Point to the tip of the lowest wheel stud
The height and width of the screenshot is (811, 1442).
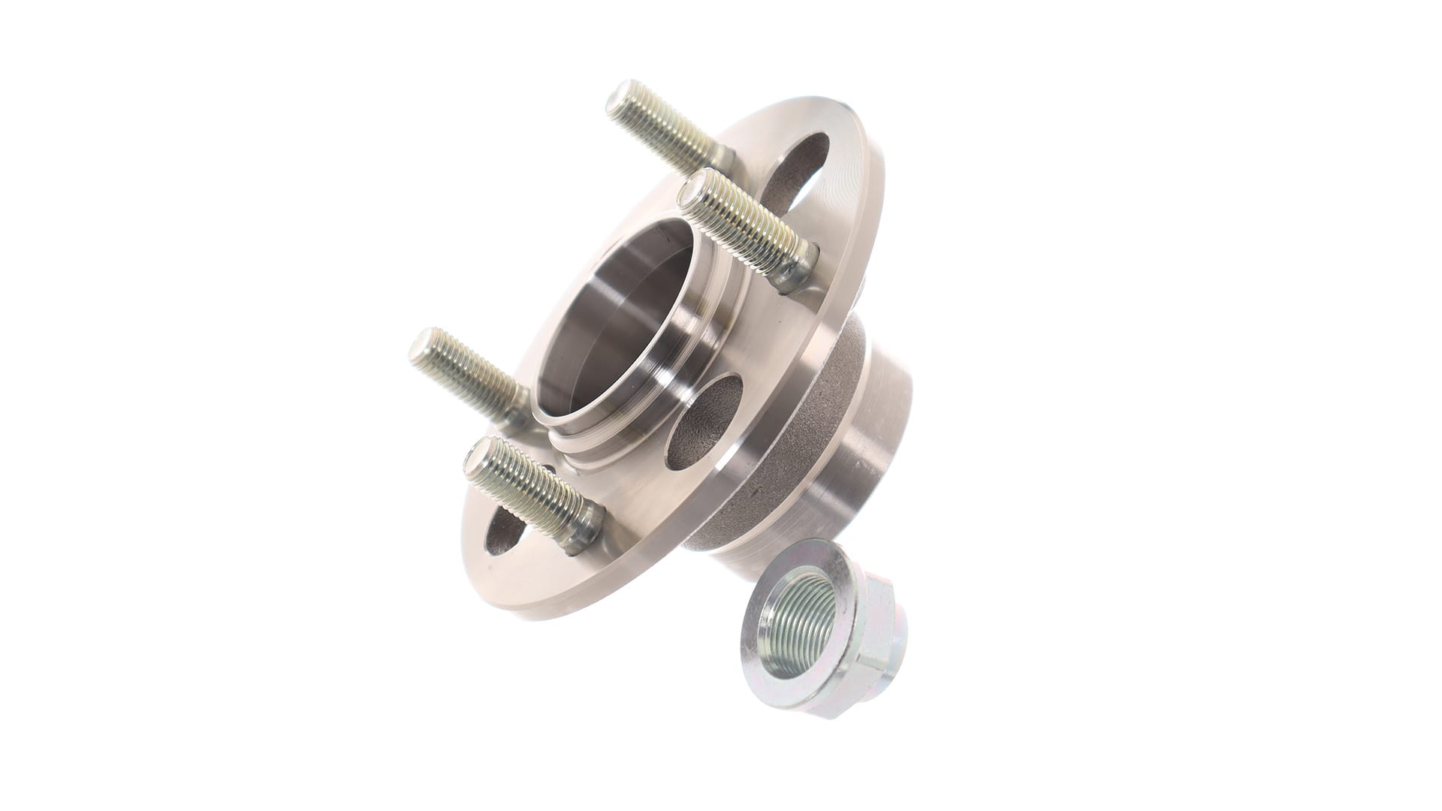point(478,454)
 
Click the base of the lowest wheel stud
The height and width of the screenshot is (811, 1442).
point(585,529)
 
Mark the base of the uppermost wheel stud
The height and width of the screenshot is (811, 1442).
point(721,158)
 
